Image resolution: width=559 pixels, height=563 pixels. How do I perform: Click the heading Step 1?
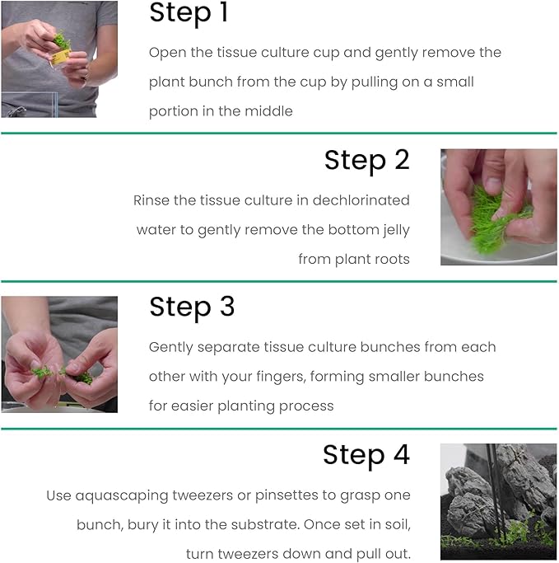pyautogui.click(x=189, y=14)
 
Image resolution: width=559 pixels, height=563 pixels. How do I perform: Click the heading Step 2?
pyautogui.click(x=366, y=160)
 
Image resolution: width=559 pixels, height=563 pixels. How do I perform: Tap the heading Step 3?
pyautogui.click(x=192, y=307)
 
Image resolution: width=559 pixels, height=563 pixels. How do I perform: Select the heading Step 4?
pyautogui.click(x=366, y=455)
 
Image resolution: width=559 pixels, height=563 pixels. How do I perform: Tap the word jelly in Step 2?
pyautogui.click(x=392, y=230)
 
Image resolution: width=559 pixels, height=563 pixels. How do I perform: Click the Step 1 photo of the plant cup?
pyautogui.click(x=59, y=58)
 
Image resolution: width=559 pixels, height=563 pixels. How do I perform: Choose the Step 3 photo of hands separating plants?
pyautogui.click(x=59, y=354)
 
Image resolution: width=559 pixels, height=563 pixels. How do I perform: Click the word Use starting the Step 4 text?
pyautogui.click(x=58, y=495)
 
